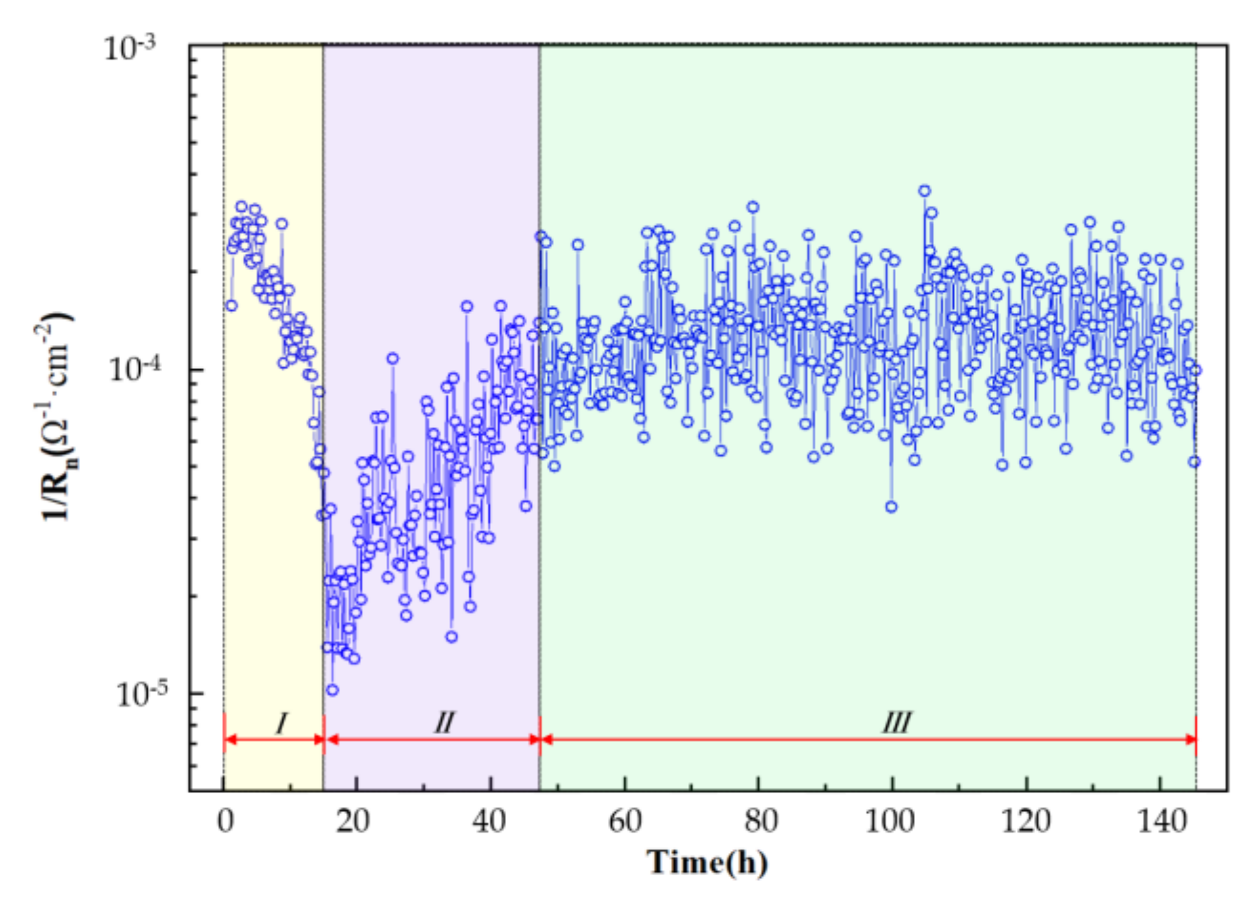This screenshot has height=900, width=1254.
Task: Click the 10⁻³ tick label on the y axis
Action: click(130, 48)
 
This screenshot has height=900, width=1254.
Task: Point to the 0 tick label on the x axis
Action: click(225, 821)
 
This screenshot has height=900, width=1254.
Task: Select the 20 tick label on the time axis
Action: click(354, 821)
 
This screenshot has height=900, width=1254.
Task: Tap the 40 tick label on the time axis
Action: click(489, 821)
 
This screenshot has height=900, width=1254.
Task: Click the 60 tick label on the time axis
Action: click(624, 821)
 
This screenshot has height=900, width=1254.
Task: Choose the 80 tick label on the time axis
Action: click(761, 821)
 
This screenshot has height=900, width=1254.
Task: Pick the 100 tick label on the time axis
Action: click(890, 821)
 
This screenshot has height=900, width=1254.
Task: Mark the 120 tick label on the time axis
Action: click(1025, 821)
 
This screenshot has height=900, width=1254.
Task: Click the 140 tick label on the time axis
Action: click(1161, 821)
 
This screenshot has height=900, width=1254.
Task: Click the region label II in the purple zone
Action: click(444, 723)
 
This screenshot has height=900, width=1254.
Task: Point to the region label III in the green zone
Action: click(897, 723)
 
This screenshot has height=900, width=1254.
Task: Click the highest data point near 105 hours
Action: click(925, 191)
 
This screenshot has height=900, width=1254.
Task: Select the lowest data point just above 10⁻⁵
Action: click(332, 690)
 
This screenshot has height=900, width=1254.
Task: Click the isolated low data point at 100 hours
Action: click(891, 507)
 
